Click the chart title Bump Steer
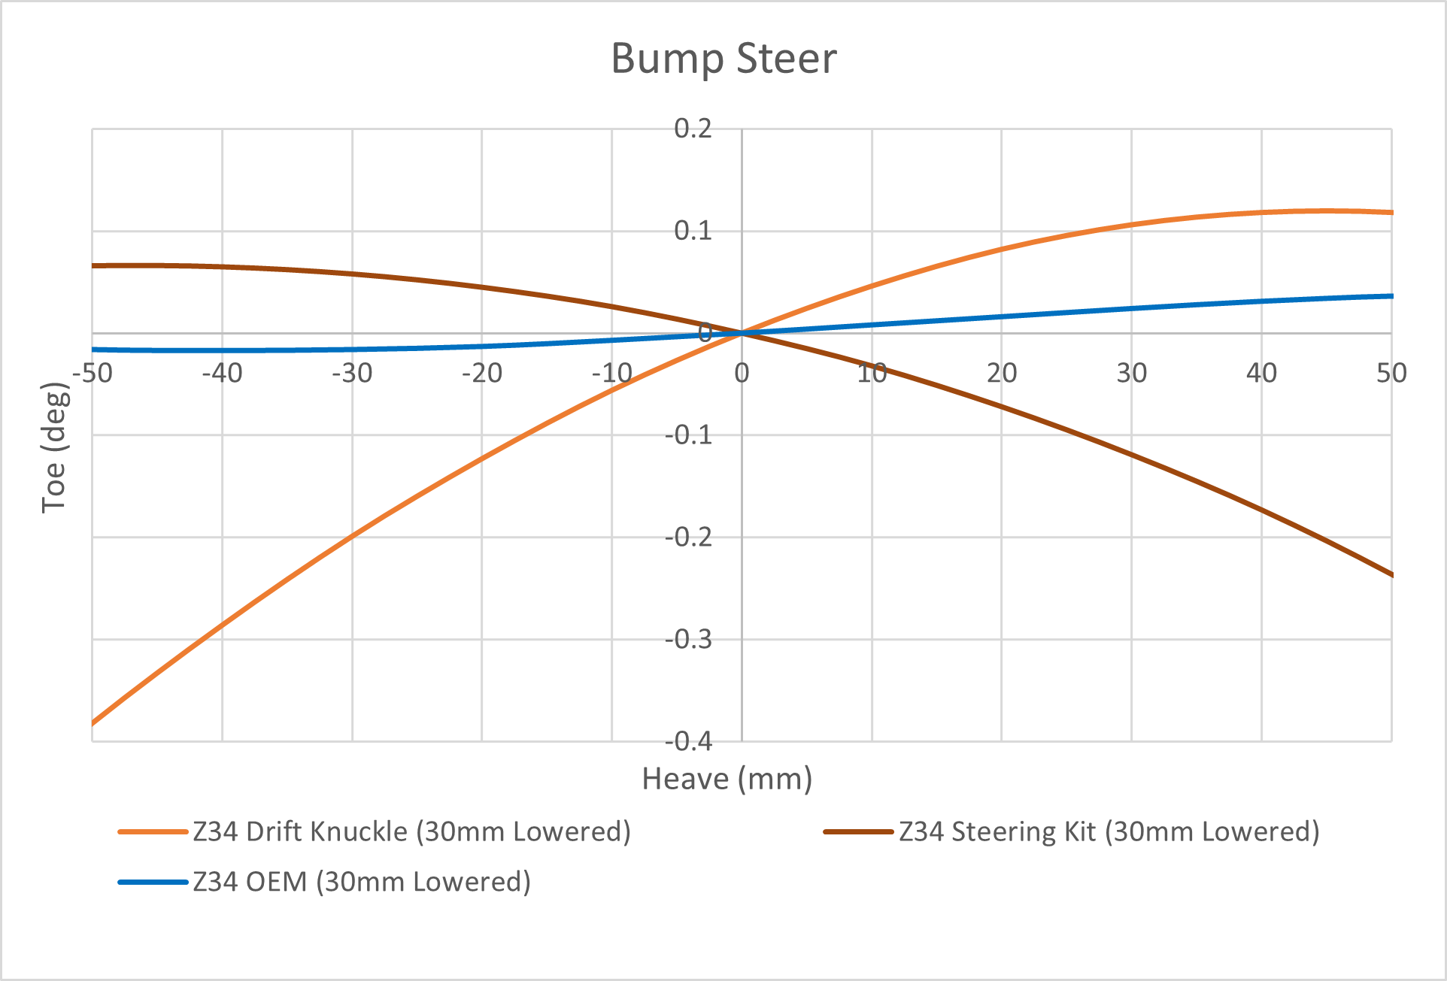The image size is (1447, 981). click(x=723, y=59)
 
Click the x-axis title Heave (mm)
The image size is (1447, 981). click(x=727, y=779)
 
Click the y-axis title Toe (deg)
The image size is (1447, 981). click(x=55, y=448)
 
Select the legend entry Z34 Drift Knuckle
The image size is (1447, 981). click(x=411, y=832)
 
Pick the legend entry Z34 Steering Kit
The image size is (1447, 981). click(x=1109, y=832)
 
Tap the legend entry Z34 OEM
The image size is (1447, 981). click(x=361, y=882)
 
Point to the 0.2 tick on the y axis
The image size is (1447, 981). click(x=693, y=129)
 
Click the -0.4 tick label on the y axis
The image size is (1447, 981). click(x=688, y=742)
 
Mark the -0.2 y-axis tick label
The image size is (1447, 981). click(x=688, y=537)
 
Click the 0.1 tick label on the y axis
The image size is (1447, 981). click(x=693, y=231)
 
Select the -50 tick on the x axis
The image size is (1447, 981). click(x=92, y=373)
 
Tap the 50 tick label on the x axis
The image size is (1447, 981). click(x=1391, y=373)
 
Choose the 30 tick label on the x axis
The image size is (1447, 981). click(x=1131, y=373)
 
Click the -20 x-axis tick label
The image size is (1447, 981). click(x=481, y=373)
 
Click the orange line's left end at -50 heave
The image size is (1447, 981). click(x=93, y=724)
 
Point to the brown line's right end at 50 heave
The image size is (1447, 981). click(x=1391, y=575)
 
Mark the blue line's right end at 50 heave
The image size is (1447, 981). click(x=1391, y=296)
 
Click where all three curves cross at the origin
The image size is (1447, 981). click(x=742, y=333)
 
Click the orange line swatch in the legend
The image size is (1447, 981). click(x=153, y=832)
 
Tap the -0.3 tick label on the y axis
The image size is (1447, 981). click(x=688, y=640)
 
